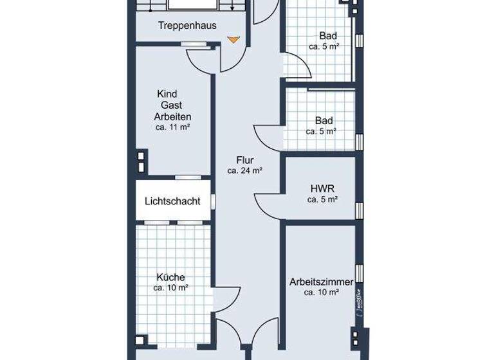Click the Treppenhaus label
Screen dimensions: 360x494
click(187, 26)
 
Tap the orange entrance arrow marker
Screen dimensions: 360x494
click(233, 39)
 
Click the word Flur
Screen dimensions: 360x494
click(245, 161)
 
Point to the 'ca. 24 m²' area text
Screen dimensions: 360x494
click(245, 171)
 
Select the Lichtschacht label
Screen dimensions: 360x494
click(172, 201)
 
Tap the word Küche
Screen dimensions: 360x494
click(170, 277)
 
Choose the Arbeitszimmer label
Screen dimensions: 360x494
click(322, 282)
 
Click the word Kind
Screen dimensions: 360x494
click(167, 94)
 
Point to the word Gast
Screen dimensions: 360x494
click(172, 105)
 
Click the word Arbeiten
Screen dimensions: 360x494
click(172, 116)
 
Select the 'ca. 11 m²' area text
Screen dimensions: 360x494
click(172, 127)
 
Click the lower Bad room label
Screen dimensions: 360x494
click(324, 120)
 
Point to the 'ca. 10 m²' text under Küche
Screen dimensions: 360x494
click(170, 288)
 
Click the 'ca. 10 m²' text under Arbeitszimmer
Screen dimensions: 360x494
click(322, 293)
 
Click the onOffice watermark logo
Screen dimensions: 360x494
click(357, 300)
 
